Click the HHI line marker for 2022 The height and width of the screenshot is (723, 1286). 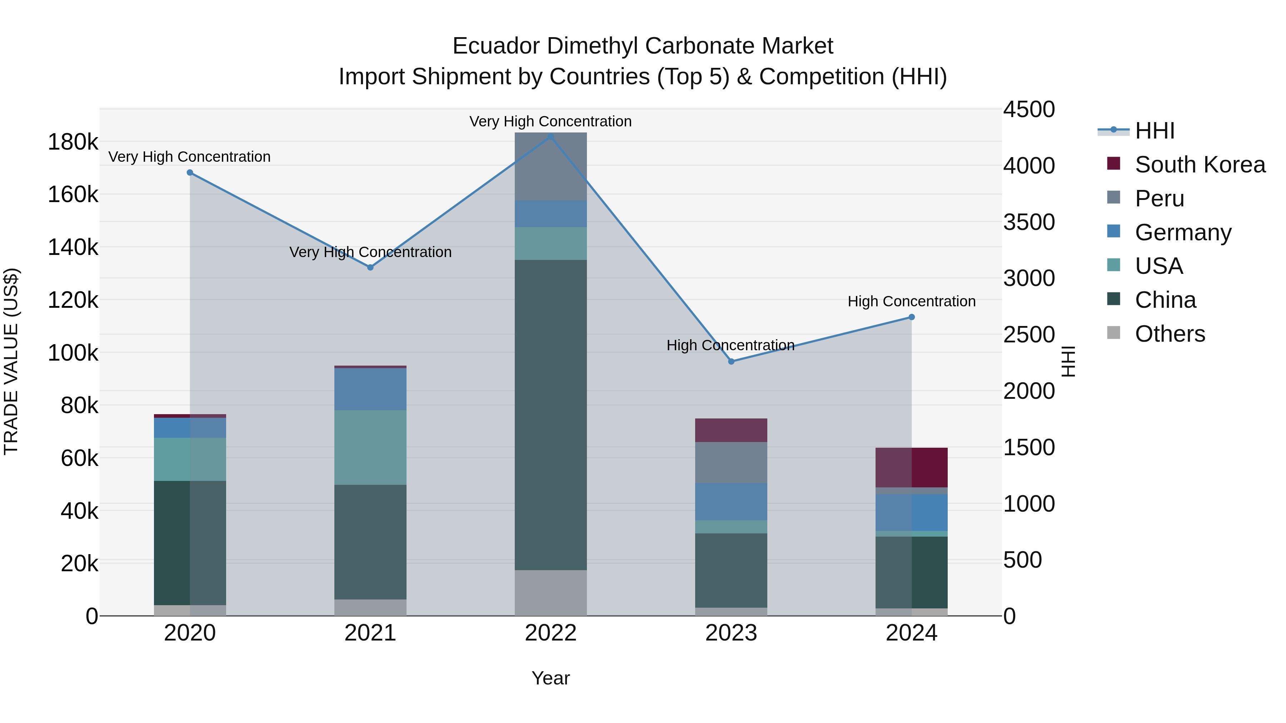point(550,136)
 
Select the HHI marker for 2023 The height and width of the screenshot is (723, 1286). point(731,361)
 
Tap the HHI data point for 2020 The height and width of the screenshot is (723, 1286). point(190,173)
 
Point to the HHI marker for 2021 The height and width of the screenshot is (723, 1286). point(370,267)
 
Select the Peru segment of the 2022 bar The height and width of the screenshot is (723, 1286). point(550,167)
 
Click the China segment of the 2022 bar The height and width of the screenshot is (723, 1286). point(550,414)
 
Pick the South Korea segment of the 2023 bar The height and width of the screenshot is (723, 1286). point(731,430)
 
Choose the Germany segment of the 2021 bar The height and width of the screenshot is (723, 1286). point(370,389)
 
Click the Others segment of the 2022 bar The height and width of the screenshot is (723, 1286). point(550,593)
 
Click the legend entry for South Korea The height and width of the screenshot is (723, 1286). point(1200,165)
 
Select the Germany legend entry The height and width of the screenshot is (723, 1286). point(1183,232)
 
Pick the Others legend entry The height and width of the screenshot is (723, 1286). point(1170,334)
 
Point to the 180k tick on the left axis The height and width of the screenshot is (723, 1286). point(73,142)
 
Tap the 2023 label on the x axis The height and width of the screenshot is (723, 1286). point(731,633)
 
